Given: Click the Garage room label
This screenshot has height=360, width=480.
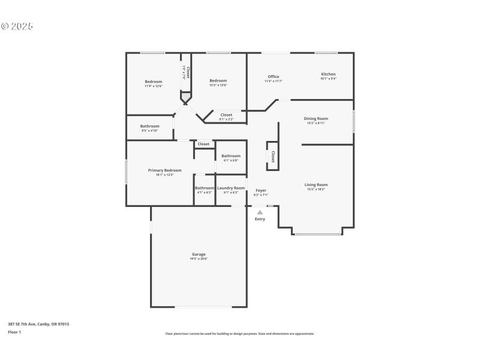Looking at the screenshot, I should (198, 254).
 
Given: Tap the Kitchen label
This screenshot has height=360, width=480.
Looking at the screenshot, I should (328, 74).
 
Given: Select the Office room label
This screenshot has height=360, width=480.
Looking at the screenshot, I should (274, 76).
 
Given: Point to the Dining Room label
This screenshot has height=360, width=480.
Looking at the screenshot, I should (316, 119).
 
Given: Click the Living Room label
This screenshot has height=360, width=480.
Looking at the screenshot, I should (316, 185).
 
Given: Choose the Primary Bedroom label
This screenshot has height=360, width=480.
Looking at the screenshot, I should (164, 170).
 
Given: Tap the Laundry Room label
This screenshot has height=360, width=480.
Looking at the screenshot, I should (231, 188).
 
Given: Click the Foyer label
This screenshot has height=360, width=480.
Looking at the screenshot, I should (260, 190).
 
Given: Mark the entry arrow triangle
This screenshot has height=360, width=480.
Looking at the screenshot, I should (260, 212).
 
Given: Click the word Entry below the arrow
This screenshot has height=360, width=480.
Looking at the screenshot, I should (260, 219).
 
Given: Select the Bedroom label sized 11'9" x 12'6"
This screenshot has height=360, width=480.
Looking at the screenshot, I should (154, 81).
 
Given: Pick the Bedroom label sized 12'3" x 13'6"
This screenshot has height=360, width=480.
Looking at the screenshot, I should (218, 81).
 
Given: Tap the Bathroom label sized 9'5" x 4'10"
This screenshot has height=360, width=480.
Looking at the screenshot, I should (150, 126).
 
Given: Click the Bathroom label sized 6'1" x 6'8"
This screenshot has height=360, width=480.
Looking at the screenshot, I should (231, 156).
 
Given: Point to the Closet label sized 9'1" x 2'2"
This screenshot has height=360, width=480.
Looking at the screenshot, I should (226, 115).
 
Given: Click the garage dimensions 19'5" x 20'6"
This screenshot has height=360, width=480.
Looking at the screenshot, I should (198, 259).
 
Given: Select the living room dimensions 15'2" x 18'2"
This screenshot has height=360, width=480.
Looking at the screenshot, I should (316, 190).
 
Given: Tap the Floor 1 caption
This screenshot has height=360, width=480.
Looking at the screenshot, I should (14, 332).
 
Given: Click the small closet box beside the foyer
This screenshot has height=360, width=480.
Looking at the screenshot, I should (272, 157).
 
